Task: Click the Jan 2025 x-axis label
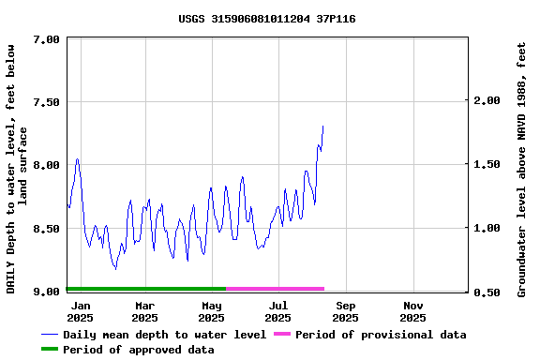point(81,311)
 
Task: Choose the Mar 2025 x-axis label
point(144,311)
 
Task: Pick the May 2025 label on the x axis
point(212,311)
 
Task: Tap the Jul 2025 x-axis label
point(278,311)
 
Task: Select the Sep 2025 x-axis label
point(346,311)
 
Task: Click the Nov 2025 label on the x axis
point(413,311)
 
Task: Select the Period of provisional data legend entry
point(381,335)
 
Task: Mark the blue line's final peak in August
point(322,126)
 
